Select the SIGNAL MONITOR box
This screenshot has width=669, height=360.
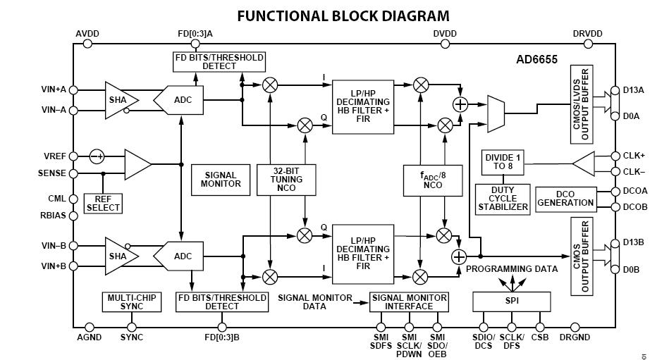click(221, 179)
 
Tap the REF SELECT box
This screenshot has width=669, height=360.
click(103, 204)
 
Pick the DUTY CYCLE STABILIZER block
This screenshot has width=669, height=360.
click(502, 199)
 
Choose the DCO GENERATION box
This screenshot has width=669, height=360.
click(565, 198)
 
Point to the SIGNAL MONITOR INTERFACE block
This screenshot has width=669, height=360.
click(410, 302)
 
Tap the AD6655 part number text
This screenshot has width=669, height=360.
click(536, 60)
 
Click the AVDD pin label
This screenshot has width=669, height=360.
click(89, 33)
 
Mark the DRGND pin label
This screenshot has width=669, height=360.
click(575, 337)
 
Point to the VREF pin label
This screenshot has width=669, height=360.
click(54, 156)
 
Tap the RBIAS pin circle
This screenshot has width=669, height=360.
click(74, 216)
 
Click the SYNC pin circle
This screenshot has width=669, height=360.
click(132, 327)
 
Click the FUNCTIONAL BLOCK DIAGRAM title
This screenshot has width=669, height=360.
click(343, 15)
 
